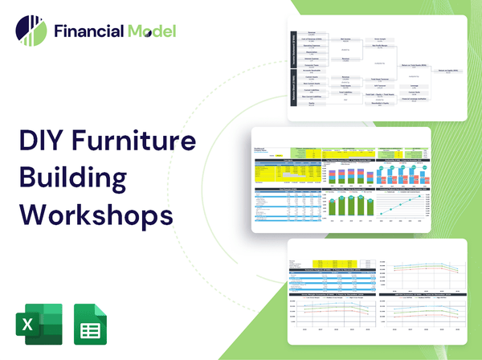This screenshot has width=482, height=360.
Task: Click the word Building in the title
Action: [73, 180]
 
